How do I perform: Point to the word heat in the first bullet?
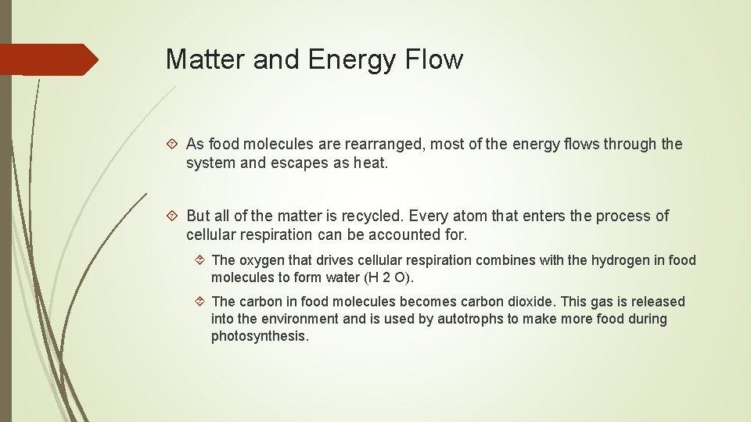pyautogui.click(x=369, y=163)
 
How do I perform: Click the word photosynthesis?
pyautogui.click(x=259, y=337)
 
